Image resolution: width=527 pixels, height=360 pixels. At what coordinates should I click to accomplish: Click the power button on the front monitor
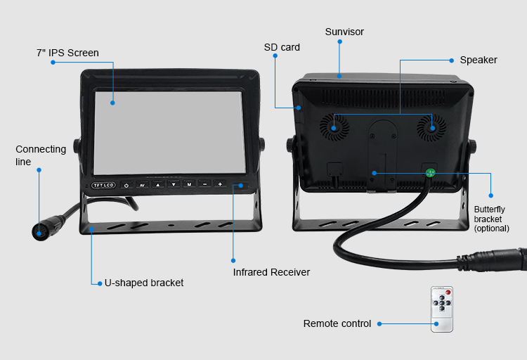[x=126, y=185]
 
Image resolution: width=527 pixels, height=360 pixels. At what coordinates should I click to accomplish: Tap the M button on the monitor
[x=189, y=184]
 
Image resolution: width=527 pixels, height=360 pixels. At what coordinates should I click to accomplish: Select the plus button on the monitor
[x=220, y=184]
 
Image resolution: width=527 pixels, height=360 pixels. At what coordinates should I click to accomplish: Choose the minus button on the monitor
[x=204, y=184]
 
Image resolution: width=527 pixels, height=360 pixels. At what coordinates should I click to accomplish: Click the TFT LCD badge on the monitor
[x=103, y=186]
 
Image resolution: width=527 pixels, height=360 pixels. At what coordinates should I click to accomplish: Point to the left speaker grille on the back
[x=334, y=127]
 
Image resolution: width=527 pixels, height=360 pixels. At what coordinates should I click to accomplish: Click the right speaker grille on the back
[x=431, y=127]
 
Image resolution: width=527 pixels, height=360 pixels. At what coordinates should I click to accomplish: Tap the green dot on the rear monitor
[x=431, y=173]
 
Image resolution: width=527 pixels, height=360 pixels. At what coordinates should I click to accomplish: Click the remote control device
[x=442, y=309]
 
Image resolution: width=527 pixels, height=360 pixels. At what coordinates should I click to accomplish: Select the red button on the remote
[x=448, y=292]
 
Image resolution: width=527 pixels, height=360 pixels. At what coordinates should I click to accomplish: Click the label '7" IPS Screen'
[x=67, y=53]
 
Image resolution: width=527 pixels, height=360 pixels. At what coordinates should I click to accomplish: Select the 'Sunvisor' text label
[x=344, y=32]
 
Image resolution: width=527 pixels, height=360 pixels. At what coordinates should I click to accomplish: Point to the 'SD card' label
[x=282, y=48]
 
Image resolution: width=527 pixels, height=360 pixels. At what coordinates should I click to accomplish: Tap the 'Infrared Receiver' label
[x=271, y=272]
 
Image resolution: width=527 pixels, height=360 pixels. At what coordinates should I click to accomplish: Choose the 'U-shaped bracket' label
[x=144, y=283]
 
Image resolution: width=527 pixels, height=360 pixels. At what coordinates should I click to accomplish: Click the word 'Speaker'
[x=479, y=60]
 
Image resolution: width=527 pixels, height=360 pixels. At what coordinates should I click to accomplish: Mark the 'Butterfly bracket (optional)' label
[x=491, y=219]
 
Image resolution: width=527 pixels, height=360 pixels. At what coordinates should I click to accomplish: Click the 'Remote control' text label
[x=337, y=323]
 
